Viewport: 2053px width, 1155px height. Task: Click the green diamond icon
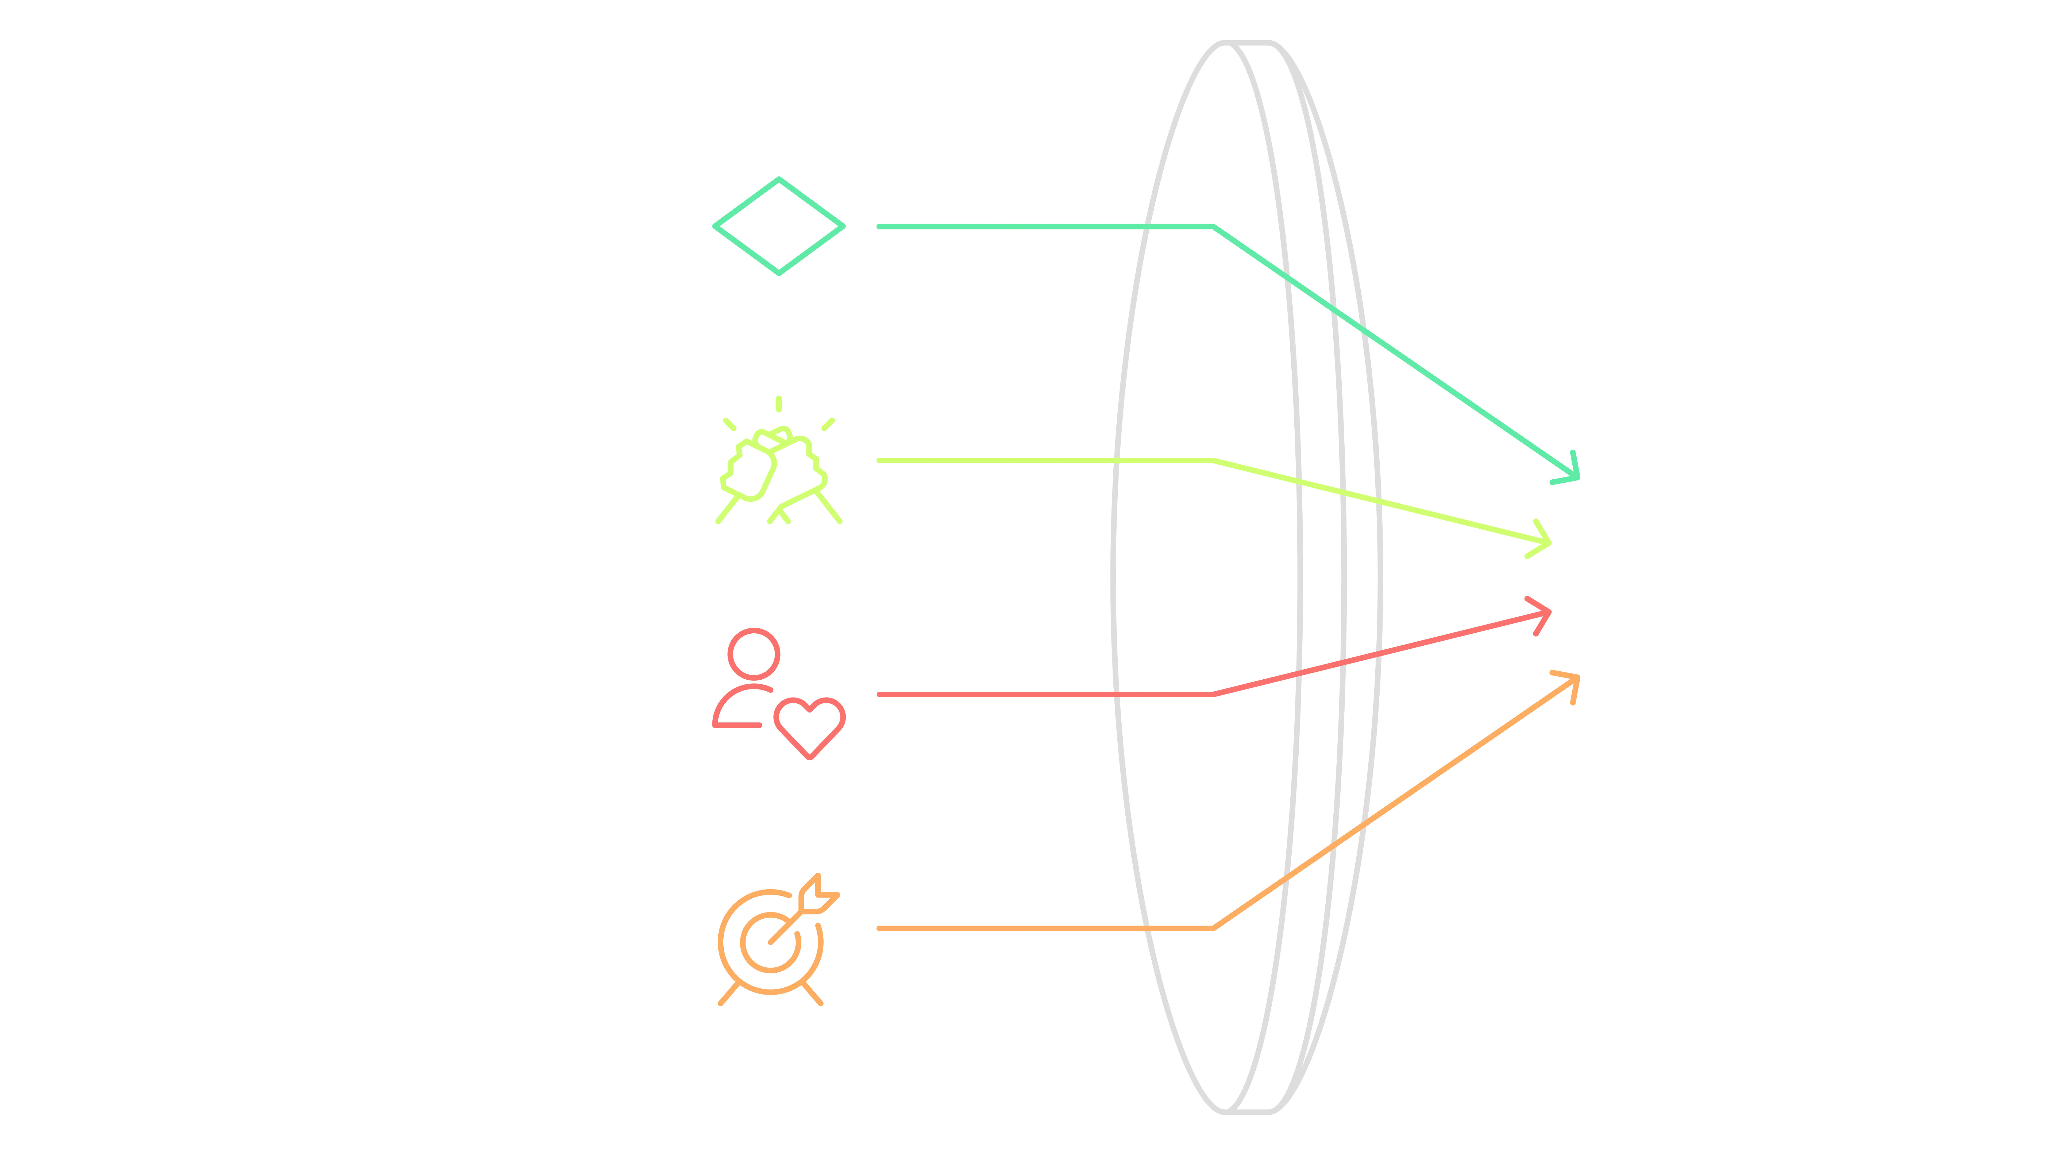point(779,226)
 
